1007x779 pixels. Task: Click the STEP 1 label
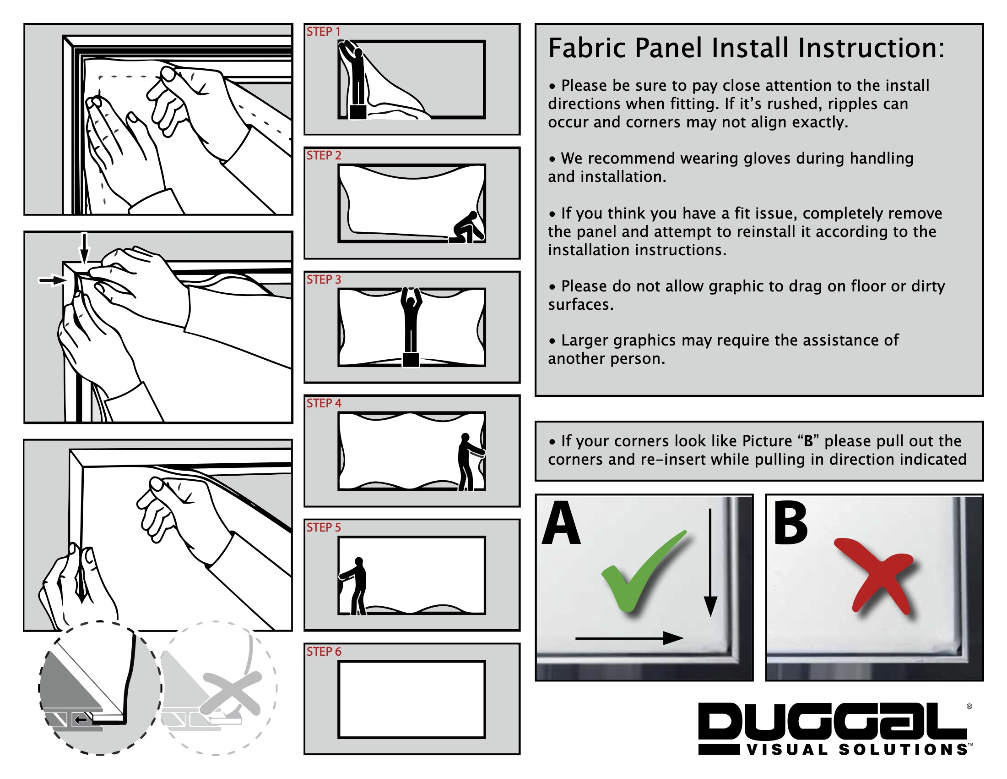point(323,32)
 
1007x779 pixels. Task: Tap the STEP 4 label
point(324,403)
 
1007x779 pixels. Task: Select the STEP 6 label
point(324,652)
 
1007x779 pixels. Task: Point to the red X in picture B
point(873,574)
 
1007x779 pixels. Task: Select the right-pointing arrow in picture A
point(629,638)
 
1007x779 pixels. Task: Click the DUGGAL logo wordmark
point(832,722)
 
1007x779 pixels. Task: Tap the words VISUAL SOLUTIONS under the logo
point(858,750)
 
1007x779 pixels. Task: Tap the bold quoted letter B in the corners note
point(808,442)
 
